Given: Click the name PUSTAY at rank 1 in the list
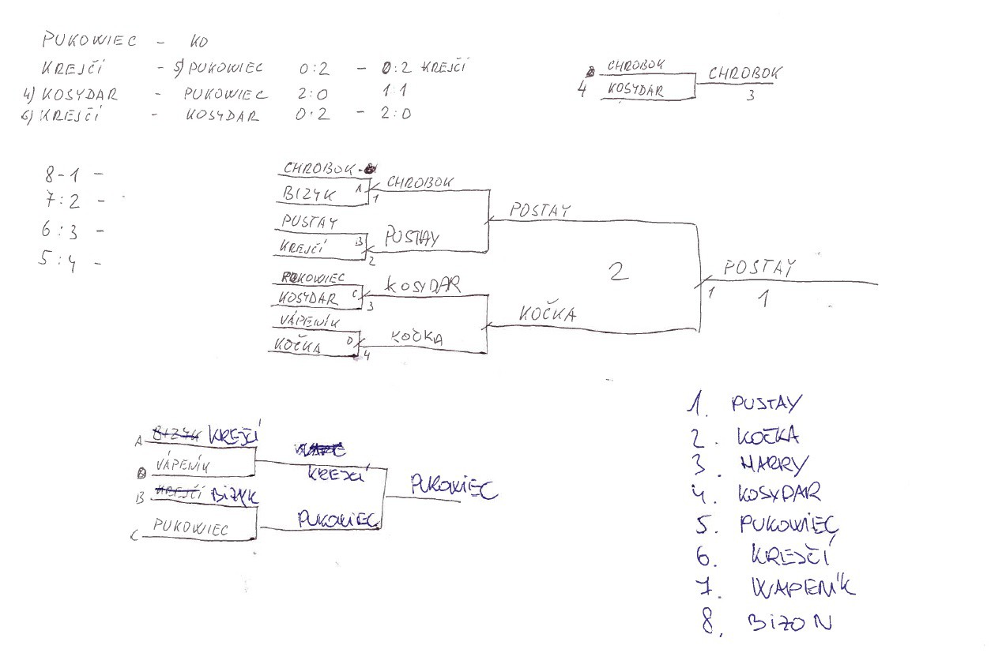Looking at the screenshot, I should coord(766,404).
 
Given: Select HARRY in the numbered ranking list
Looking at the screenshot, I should coord(765,463).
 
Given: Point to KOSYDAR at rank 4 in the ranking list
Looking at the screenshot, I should coord(778,493).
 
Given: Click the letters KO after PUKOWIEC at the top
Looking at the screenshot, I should coord(198,40).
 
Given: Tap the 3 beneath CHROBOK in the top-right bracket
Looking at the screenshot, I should coord(751,96).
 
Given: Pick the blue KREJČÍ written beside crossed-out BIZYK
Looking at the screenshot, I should coord(235,435).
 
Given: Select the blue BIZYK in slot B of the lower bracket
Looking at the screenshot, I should coord(235,495).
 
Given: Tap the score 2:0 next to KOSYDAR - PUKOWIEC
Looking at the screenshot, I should coord(312,93).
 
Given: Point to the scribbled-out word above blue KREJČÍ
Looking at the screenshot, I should coord(319,451).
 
